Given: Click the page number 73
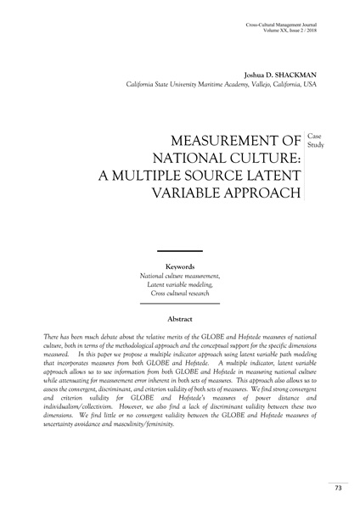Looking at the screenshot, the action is tap(337, 488).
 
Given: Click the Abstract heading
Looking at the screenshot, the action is tap(179, 318).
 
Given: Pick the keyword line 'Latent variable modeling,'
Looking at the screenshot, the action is tap(179, 282).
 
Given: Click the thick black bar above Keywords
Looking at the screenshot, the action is tap(179, 251).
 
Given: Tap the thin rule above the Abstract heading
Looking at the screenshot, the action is tap(179, 304).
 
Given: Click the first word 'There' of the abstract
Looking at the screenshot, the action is tap(51, 338).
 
